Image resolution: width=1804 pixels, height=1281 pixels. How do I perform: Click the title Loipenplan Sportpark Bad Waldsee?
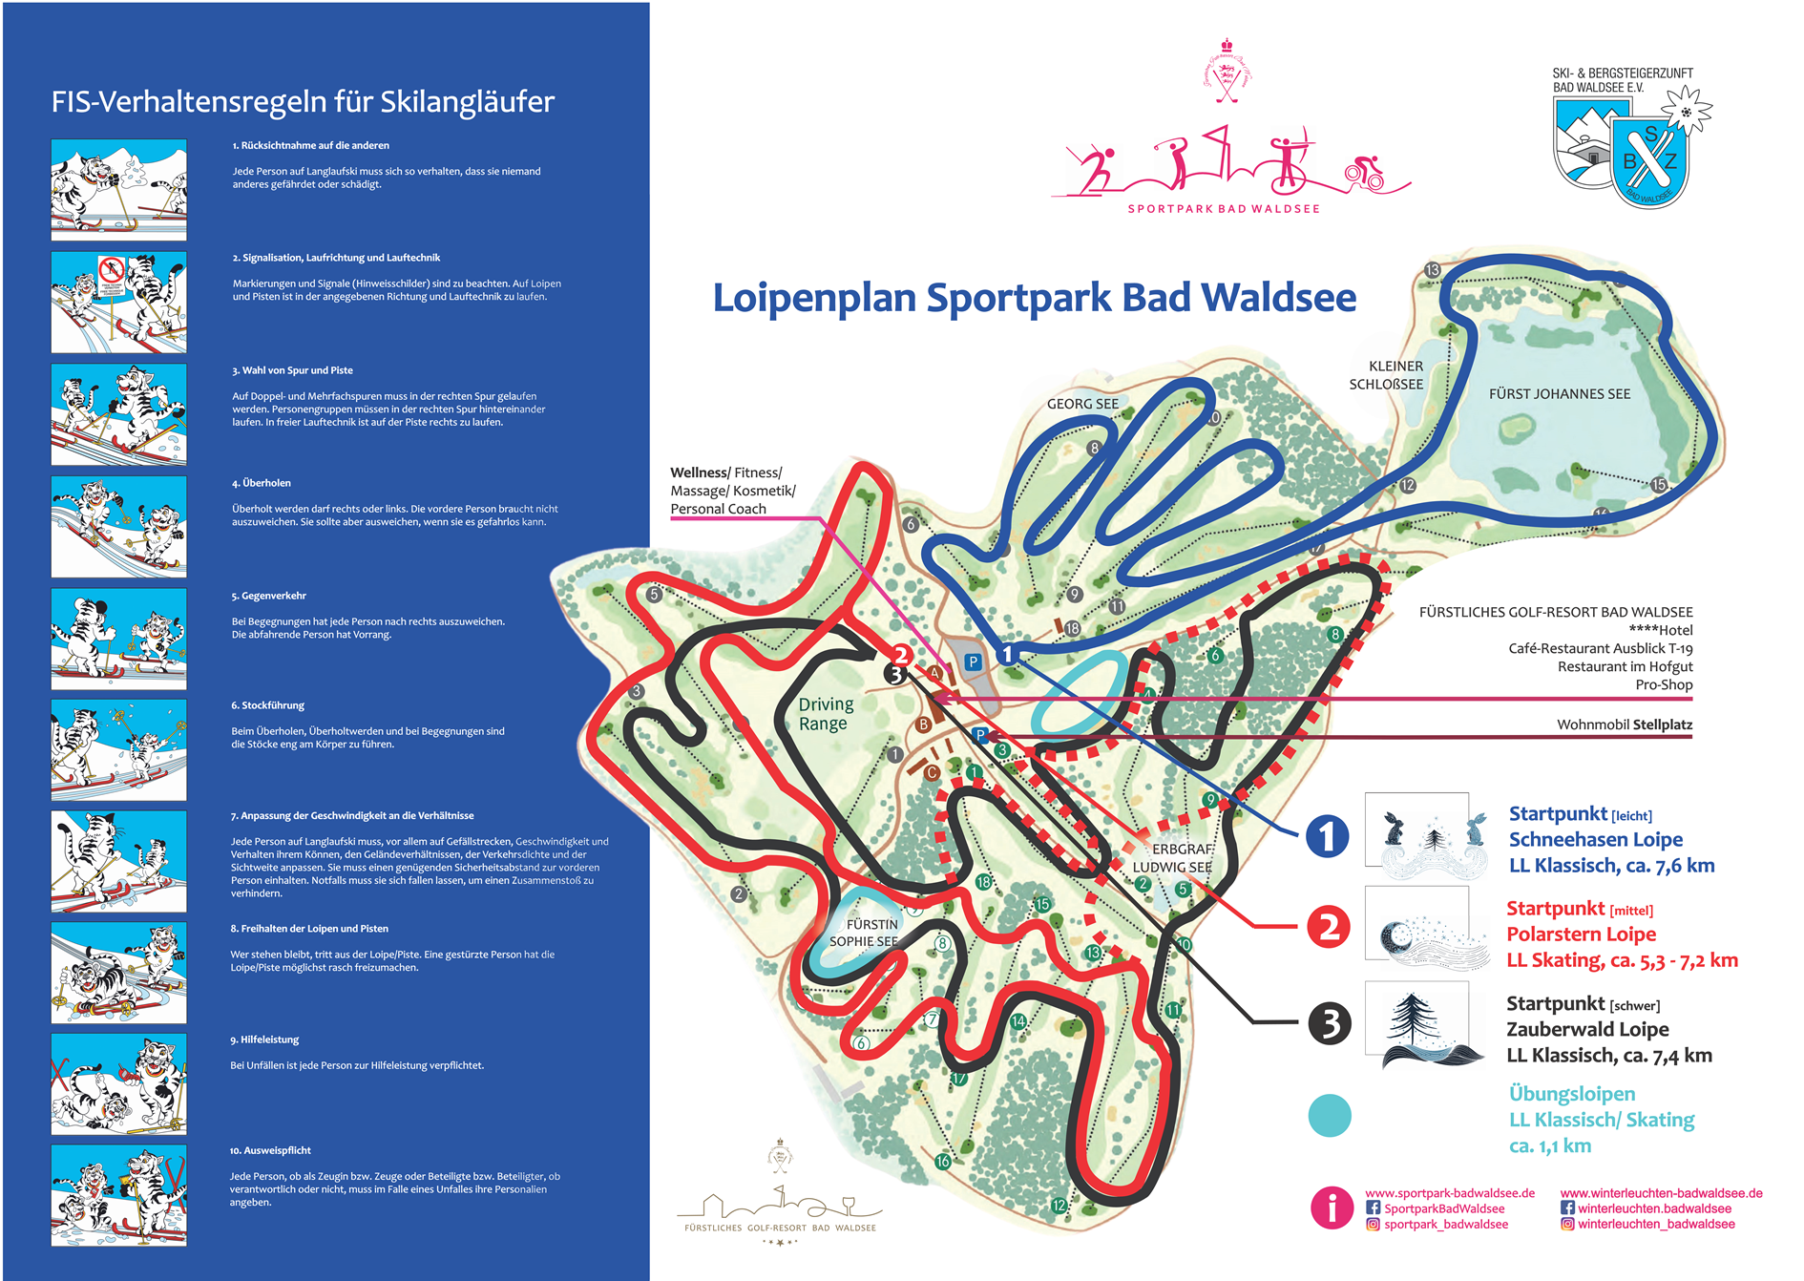(1034, 297)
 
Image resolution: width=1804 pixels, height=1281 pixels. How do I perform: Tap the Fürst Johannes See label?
(1559, 393)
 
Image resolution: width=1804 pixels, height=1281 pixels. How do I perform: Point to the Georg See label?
(1082, 404)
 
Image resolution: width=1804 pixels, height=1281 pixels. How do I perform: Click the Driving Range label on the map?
(826, 713)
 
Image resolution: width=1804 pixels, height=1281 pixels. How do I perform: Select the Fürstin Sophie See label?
(864, 933)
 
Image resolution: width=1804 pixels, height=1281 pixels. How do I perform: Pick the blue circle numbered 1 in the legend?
(1327, 836)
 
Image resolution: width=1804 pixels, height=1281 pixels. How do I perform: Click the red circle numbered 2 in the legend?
(1328, 927)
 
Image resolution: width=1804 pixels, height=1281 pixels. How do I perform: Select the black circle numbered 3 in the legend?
(1329, 1023)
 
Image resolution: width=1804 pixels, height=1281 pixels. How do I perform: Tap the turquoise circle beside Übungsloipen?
(1329, 1115)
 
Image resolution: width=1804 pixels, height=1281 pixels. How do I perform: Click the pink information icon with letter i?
(1332, 1207)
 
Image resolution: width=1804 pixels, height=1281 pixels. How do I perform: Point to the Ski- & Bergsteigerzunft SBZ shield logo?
(1648, 159)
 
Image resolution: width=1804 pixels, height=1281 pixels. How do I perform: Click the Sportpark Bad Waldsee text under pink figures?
(1224, 209)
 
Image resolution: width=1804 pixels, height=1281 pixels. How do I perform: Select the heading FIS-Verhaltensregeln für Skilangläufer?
(303, 101)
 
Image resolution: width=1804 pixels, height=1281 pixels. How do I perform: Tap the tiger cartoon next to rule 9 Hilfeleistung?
(118, 1083)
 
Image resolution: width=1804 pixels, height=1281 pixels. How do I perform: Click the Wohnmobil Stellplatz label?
(1624, 724)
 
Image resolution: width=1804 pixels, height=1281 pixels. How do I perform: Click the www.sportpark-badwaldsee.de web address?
(1449, 1193)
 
